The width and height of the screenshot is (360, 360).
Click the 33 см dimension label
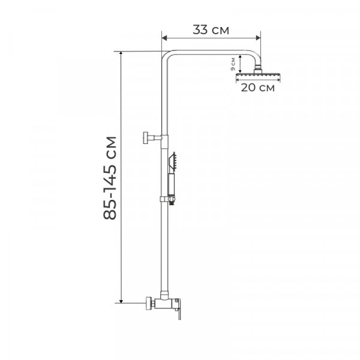point(211,30)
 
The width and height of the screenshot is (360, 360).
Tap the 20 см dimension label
point(257,88)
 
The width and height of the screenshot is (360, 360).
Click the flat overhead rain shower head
point(259,74)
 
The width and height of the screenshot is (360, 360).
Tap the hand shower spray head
point(174,160)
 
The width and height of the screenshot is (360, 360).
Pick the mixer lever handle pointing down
point(178,313)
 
